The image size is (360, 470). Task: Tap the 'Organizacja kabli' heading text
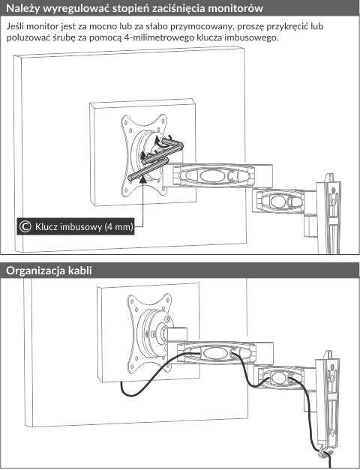coord(49,271)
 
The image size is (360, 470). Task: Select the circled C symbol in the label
coord(25,226)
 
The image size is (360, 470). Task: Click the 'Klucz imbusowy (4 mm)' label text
coord(84,226)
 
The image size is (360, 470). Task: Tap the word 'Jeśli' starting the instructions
coord(15,26)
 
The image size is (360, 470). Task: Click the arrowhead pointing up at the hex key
coord(143,180)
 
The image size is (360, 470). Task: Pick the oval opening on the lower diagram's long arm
coord(214,353)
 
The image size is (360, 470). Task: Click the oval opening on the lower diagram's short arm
coord(280,376)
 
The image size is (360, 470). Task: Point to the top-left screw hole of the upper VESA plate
coord(125,122)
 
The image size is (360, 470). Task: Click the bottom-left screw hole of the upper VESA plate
coord(126,189)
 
